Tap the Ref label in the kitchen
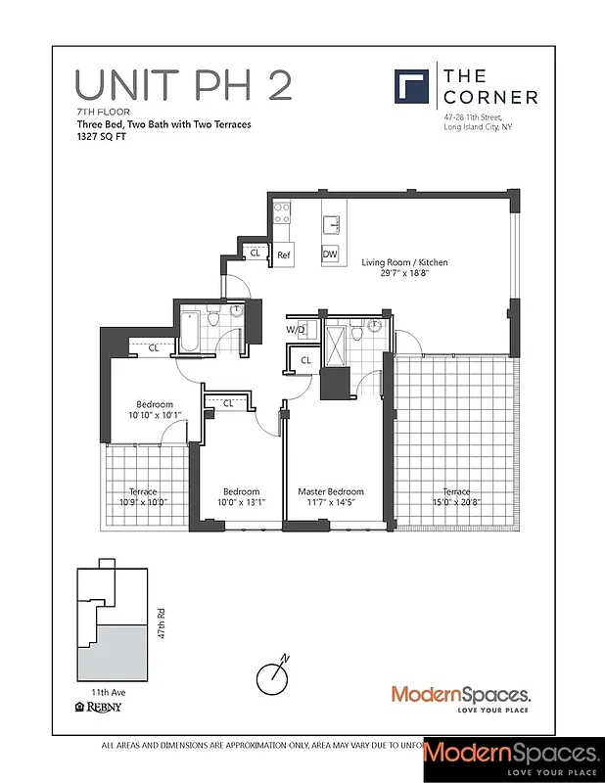[284, 255]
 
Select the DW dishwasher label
[330, 255]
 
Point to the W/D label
[295, 330]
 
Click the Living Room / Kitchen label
[404, 262]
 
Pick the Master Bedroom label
[331, 491]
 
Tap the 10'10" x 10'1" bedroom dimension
[154, 416]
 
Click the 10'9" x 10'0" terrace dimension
[143, 503]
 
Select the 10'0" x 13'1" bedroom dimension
[241, 503]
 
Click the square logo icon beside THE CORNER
[411, 85]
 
